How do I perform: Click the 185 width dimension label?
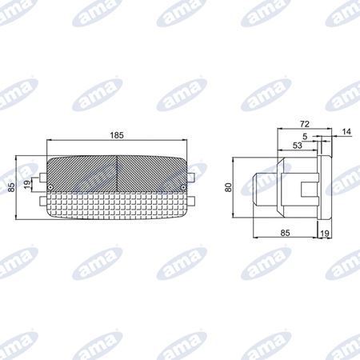pyautogui.click(x=117, y=135)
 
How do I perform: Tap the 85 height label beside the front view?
pyautogui.click(x=11, y=187)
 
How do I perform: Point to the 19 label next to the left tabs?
pyautogui.click(x=27, y=184)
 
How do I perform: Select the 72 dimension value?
pyautogui.click(x=305, y=124)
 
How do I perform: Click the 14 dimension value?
pyautogui.click(x=346, y=132)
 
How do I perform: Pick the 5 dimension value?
pyautogui.click(x=305, y=137)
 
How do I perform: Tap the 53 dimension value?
pyautogui.click(x=298, y=146)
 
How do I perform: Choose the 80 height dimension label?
pyautogui.click(x=228, y=187)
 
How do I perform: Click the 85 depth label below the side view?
pyautogui.click(x=285, y=233)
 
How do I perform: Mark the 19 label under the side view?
pyautogui.click(x=325, y=234)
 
